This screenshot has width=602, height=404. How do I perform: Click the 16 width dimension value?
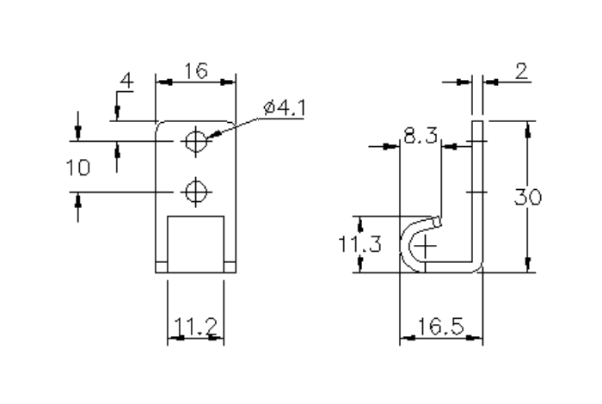[x=196, y=70]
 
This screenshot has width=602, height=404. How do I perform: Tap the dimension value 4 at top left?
[x=126, y=82]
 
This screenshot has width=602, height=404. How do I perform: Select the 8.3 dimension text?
[x=421, y=135]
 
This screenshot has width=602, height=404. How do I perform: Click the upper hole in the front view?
[x=197, y=140]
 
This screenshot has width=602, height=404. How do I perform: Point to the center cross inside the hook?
[x=427, y=248]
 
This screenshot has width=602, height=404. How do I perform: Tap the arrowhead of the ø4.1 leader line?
[x=212, y=134]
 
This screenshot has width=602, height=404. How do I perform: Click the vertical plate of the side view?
[x=477, y=189]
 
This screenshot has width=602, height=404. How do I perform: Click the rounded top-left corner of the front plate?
[x=159, y=125]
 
